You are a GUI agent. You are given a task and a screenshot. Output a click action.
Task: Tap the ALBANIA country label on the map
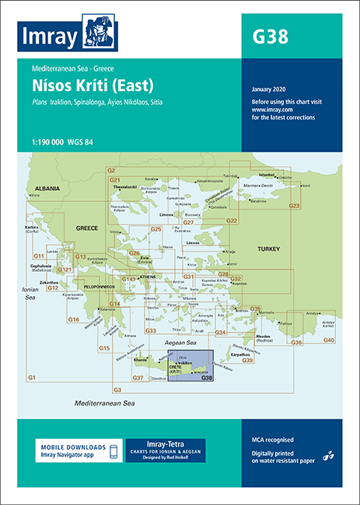coord(45,188)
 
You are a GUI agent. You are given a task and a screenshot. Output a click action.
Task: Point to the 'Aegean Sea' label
coord(180,342)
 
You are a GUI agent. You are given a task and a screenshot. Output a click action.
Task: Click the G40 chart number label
coord(329,340)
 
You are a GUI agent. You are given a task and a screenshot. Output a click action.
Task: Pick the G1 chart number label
coord(32,377)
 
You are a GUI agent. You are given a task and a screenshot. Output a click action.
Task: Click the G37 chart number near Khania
coord(138,378)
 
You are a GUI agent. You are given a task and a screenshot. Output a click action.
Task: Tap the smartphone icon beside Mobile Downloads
coord(114,451)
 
